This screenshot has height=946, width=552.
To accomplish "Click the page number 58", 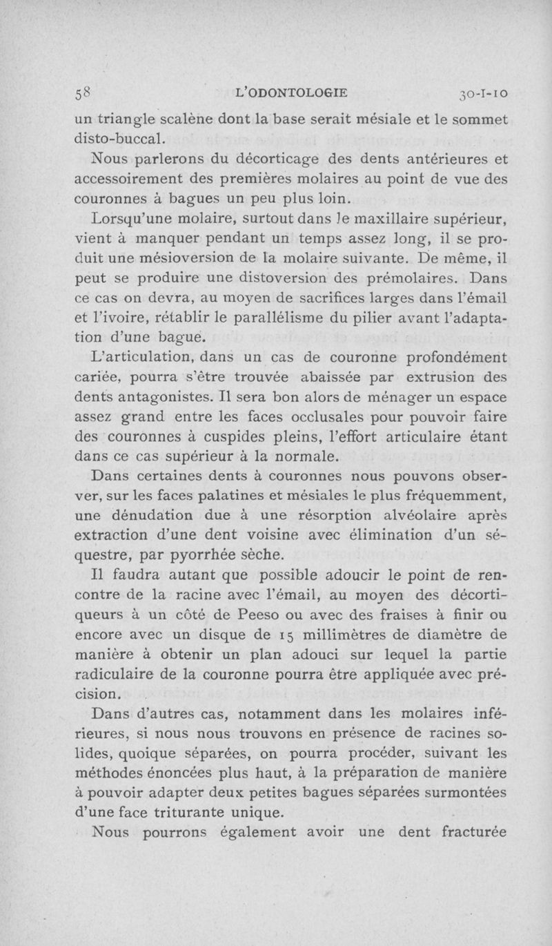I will [81, 95].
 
